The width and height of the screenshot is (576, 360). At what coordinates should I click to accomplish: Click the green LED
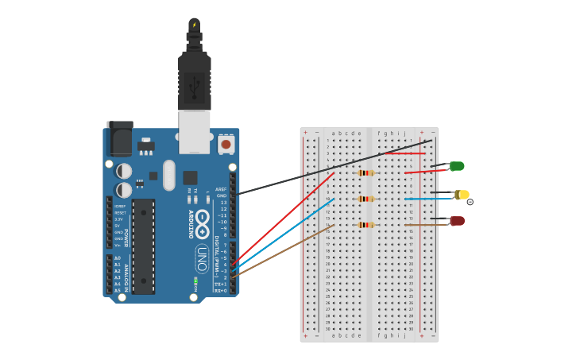tap(457, 166)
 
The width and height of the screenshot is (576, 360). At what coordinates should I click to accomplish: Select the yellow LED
tap(462, 195)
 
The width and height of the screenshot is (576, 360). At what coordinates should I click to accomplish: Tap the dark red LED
tap(458, 221)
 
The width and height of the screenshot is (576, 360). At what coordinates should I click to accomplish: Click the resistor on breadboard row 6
tap(365, 172)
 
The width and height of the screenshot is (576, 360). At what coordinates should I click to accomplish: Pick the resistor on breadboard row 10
tap(365, 199)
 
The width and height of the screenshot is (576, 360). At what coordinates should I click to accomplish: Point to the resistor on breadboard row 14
tap(365, 225)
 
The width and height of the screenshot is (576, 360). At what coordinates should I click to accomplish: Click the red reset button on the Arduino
tap(226, 145)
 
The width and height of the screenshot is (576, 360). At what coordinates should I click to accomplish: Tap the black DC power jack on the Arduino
tap(119, 139)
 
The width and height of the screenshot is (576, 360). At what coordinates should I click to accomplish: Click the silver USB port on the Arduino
tap(194, 131)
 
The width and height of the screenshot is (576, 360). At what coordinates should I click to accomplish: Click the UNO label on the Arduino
tap(203, 258)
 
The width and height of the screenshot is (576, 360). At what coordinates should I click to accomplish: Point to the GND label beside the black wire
tap(222, 195)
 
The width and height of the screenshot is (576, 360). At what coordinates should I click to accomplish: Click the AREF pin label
tap(221, 189)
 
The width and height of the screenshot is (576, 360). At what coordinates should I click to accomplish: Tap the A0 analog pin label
tap(118, 258)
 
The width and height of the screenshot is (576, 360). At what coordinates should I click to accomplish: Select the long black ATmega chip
tap(143, 246)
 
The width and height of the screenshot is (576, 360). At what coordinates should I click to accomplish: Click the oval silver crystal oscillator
tap(168, 176)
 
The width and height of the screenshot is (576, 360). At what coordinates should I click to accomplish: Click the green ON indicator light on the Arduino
tap(195, 281)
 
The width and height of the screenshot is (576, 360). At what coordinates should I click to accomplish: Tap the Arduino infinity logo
tap(203, 219)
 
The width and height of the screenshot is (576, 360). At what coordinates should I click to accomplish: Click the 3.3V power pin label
tap(119, 219)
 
